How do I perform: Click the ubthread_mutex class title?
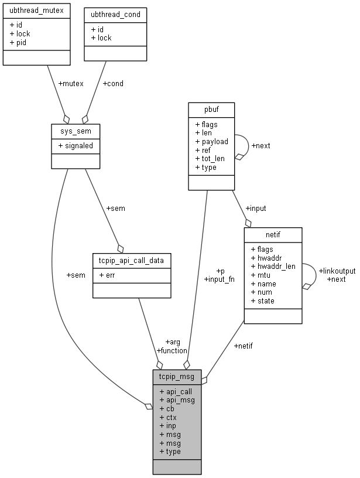click(x=36, y=11)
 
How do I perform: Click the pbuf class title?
click(x=211, y=108)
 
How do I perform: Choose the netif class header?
click(x=273, y=234)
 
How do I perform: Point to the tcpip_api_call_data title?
click(x=132, y=259)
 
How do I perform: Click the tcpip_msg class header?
click(x=177, y=375)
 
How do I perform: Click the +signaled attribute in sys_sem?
click(x=78, y=144)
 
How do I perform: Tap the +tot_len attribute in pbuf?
click(x=211, y=159)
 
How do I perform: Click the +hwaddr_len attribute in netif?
click(x=273, y=266)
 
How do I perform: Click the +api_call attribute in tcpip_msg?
click(x=175, y=391)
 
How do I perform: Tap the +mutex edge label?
click(x=71, y=83)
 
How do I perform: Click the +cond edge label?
click(x=113, y=83)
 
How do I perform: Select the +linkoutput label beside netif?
click(x=337, y=271)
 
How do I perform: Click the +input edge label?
click(x=255, y=208)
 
